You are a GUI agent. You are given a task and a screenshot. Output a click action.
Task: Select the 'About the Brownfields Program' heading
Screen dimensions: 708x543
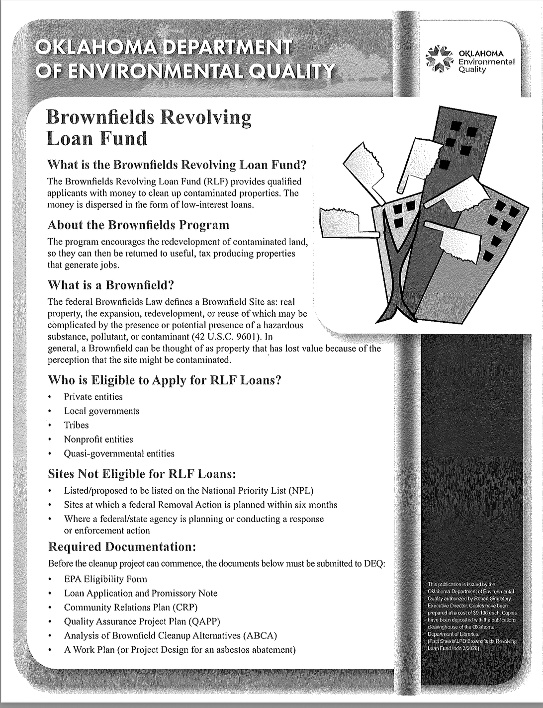[x=138, y=225]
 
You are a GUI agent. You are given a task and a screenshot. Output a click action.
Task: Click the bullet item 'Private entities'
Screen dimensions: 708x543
[x=93, y=397]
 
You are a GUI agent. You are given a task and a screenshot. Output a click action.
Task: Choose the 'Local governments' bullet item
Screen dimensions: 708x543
[x=101, y=411]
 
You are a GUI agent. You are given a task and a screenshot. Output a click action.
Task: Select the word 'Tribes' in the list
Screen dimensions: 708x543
[x=76, y=425]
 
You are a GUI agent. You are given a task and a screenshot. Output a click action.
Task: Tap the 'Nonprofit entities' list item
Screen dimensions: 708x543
[x=98, y=440]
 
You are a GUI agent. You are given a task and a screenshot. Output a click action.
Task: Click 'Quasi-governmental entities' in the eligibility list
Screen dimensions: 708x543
[x=119, y=453]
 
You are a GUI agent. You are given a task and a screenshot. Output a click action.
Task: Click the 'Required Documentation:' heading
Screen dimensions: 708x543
[x=122, y=547]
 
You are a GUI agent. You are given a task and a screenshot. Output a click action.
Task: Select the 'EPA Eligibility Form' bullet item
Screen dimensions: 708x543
[x=105, y=579]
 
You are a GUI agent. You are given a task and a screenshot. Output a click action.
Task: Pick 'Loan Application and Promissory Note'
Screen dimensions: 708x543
[x=141, y=593]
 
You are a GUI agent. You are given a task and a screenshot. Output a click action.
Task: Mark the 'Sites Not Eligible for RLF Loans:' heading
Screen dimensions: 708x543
[x=142, y=474]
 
